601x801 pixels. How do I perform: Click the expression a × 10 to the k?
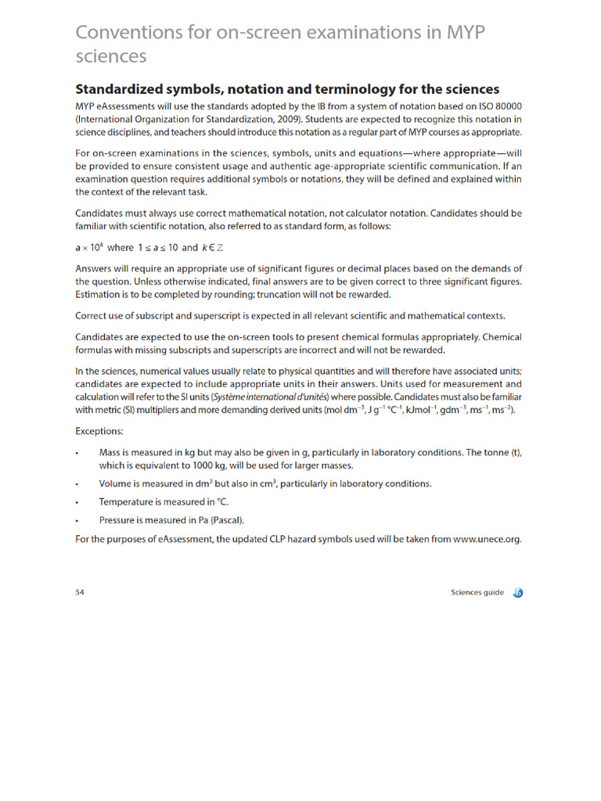coord(88,248)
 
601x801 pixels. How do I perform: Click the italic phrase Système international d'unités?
coord(269,397)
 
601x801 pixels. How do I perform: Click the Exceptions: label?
coord(99,431)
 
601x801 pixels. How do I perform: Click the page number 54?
coord(80,592)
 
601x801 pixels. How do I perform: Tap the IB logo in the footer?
coord(517,593)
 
